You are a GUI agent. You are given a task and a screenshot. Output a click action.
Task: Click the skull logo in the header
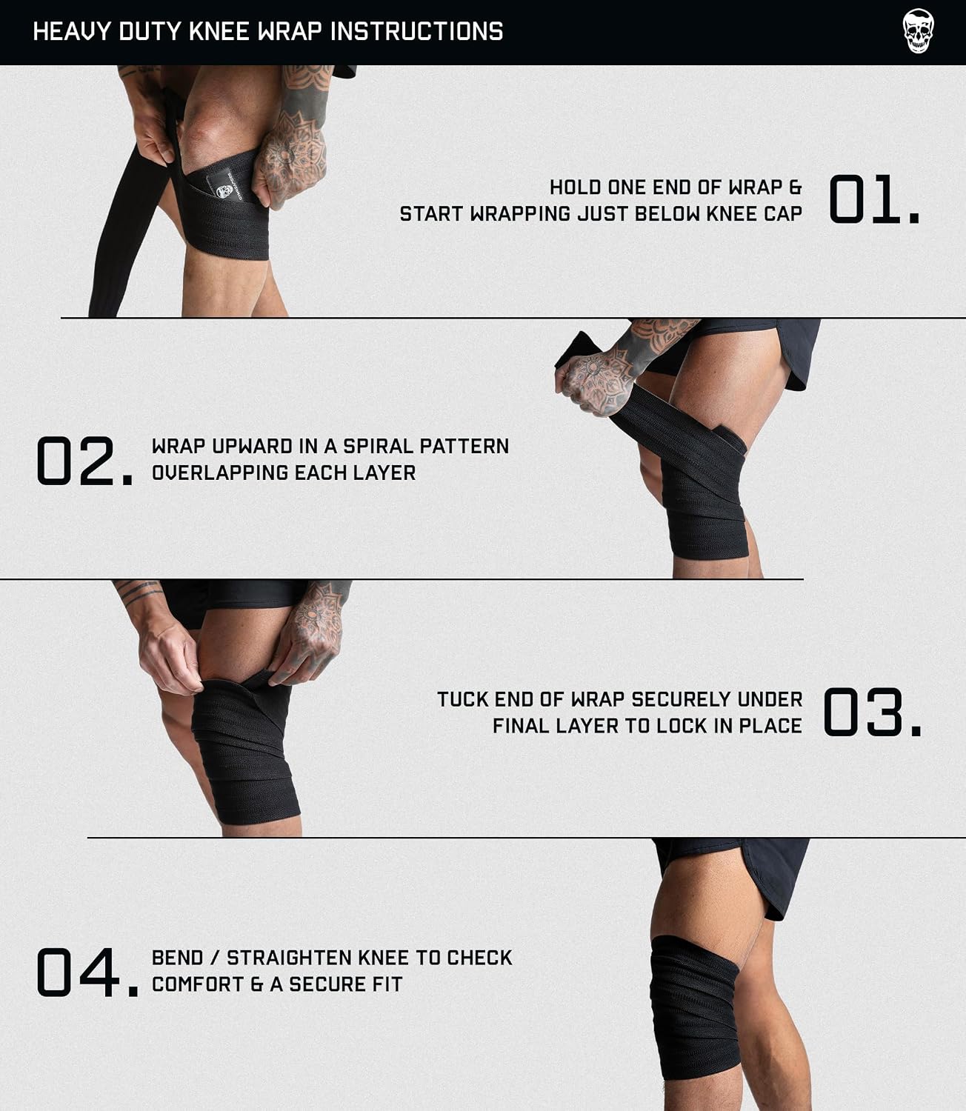pyautogui.click(x=918, y=31)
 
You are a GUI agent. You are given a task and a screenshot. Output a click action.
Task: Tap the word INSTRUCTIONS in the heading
pyautogui.click(x=416, y=32)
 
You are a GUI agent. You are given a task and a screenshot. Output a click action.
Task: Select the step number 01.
pyautogui.click(x=873, y=199)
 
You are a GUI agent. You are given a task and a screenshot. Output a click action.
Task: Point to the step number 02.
pyautogui.click(x=84, y=461)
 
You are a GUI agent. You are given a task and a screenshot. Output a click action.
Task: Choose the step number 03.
pyautogui.click(x=872, y=712)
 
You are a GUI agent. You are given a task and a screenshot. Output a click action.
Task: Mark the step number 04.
pyautogui.click(x=87, y=972)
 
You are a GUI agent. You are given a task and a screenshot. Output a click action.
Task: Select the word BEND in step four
pyautogui.click(x=177, y=958)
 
